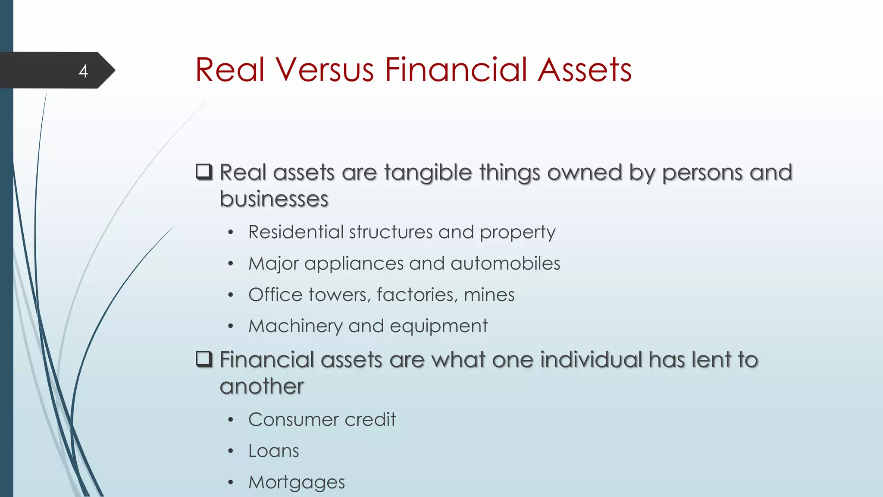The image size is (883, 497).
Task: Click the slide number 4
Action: pos(83,71)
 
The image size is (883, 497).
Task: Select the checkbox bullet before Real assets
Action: pos(204,172)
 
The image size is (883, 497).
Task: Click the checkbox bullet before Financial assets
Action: pos(204,359)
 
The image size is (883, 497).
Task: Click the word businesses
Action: pos(274,199)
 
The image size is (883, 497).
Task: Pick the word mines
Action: pos(489,295)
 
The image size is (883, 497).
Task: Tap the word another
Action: pos(262,386)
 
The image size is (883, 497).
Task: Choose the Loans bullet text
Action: pos(273,451)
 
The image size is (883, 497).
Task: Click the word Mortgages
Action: pos(297,482)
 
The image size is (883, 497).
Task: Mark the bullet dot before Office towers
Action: pos(231,295)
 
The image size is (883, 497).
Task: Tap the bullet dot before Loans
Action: pos(231,451)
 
